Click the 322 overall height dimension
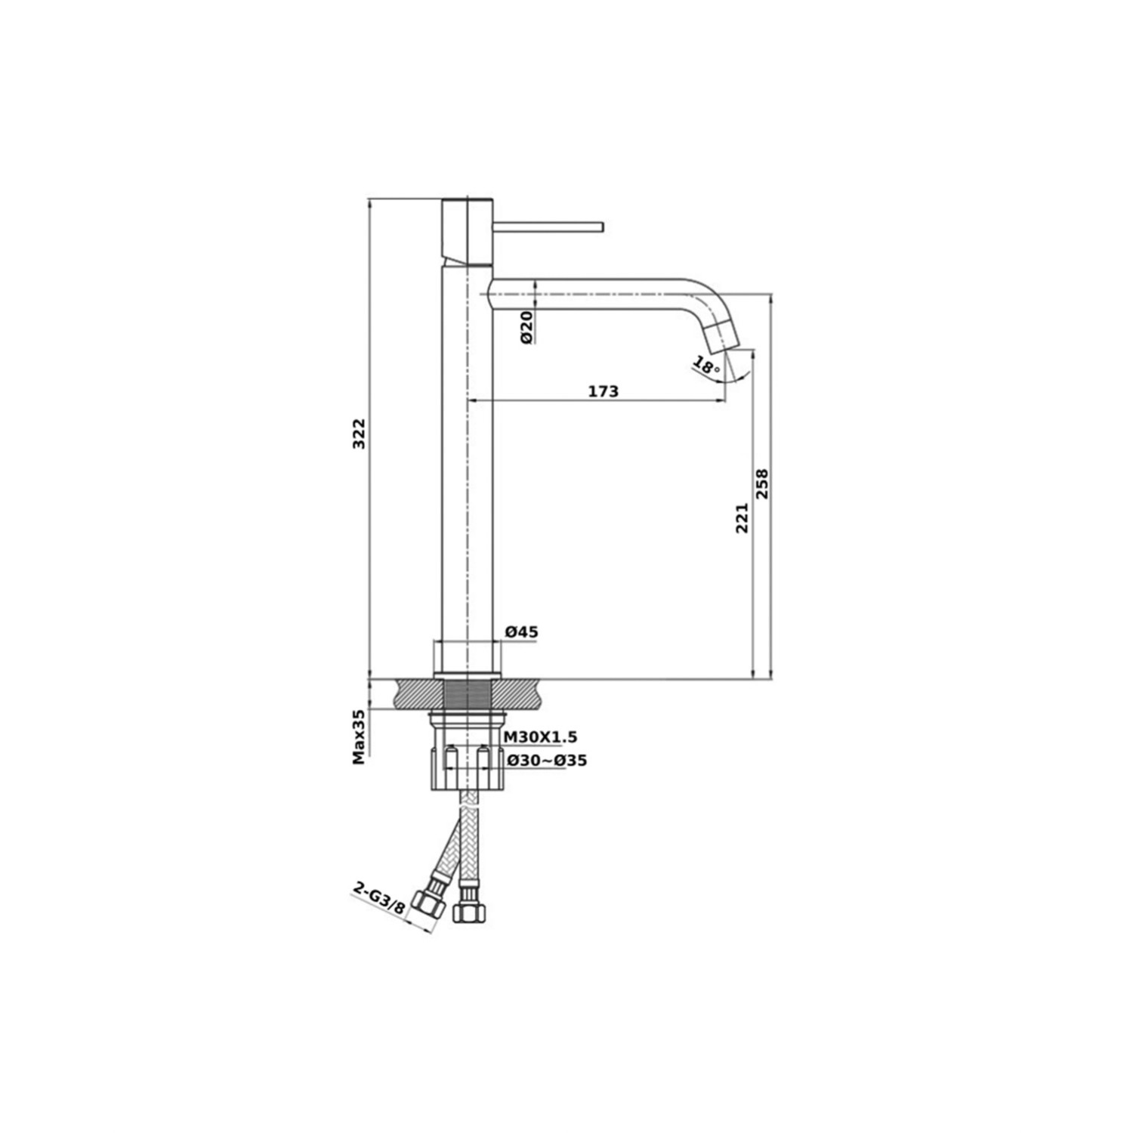click(360, 434)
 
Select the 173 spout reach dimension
click(604, 391)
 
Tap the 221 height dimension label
click(742, 518)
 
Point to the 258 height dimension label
click(762, 484)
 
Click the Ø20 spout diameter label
click(526, 327)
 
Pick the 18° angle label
click(706, 368)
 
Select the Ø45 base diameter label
click(521, 632)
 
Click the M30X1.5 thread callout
click(540, 737)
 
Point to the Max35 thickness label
click(360, 736)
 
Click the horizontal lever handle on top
click(548, 227)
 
